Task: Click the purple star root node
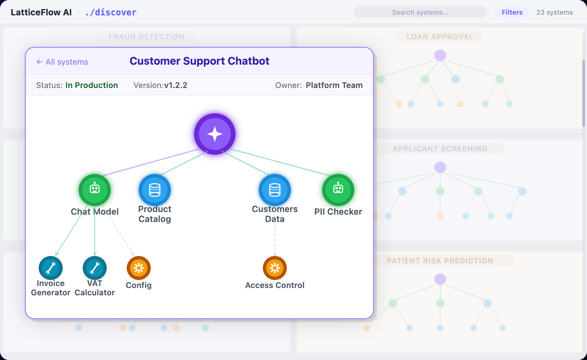coord(215,134)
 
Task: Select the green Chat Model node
coord(95,190)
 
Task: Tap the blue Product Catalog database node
coord(155,190)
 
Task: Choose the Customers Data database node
coord(275,190)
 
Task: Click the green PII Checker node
coord(338,190)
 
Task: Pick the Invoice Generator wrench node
coord(51,268)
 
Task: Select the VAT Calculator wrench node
coord(95,268)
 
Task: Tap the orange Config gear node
coord(139,268)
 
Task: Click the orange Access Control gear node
coord(275,268)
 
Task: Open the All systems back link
coord(62,62)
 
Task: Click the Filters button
coord(512,12)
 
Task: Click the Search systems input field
coord(420,12)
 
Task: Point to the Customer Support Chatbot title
coord(199,61)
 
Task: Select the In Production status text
coord(92,85)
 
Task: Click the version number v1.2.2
coord(176,85)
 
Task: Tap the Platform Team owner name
coord(334,85)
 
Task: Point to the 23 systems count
coord(555,12)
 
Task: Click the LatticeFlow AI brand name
coord(41,12)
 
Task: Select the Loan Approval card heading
coord(440,37)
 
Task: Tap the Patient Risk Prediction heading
coord(440,261)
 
